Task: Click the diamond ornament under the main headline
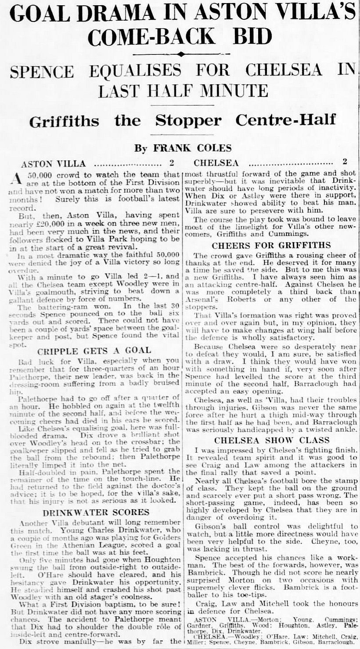point(180,54)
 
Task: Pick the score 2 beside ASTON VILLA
point(172,164)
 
